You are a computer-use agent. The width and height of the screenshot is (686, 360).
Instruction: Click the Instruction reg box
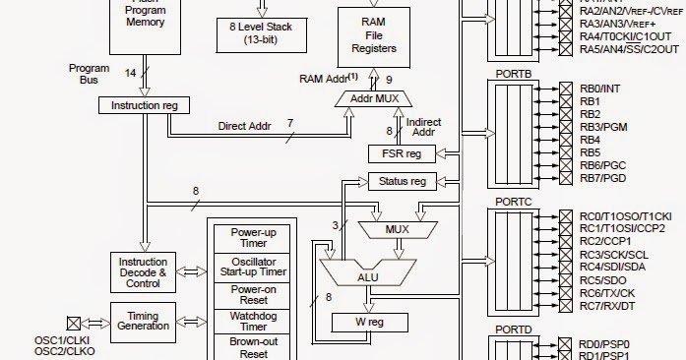tap(144, 104)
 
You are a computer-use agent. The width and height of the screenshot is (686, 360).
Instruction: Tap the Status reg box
tap(402, 181)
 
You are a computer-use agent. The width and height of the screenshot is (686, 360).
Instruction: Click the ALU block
tap(367, 276)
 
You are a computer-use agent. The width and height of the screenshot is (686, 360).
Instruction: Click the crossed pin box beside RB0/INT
tap(565, 89)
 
